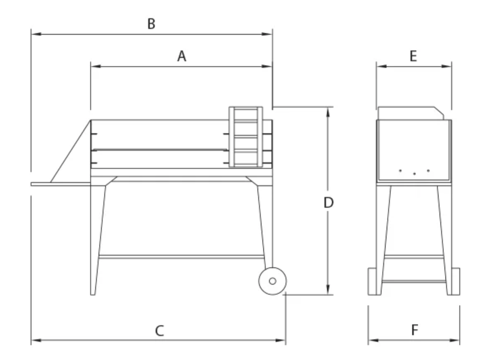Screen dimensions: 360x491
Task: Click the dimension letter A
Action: click(182, 56)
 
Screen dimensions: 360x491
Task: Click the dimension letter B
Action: click(152, 24)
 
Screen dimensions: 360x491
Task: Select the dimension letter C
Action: click(159, 331)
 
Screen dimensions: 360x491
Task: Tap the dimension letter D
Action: click(328, 203)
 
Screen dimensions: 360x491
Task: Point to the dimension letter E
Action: click(413, 56)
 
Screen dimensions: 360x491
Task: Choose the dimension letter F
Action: click(415, 330)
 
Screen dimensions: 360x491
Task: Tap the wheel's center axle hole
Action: click(272, 281)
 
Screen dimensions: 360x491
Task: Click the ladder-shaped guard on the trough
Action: click(246, 137)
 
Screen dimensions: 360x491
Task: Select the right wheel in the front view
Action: click(455, 281)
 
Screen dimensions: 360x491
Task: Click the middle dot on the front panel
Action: click(414, 173)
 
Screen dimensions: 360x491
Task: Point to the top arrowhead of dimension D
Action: click(328, 110)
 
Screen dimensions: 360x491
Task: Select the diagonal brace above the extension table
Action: click(70, 151)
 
